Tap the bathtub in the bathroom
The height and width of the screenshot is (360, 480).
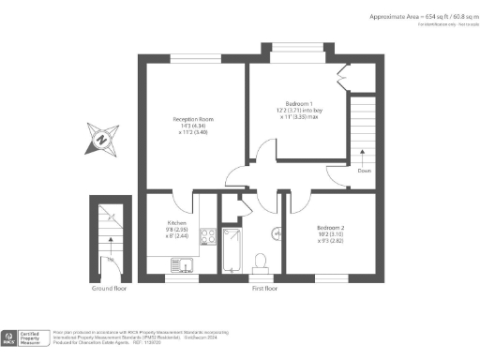(231, 250)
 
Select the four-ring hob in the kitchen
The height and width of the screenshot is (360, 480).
(206, 237)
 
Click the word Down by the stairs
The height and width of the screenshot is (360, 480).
(363, 171)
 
